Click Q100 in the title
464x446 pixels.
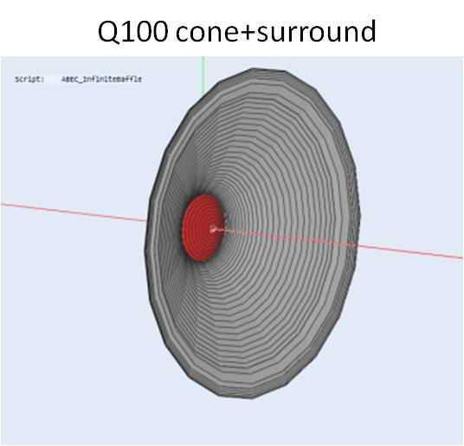[133, 32]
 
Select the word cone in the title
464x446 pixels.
[207, 33]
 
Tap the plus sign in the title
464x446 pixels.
[248, 32]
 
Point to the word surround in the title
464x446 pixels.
[316, 30]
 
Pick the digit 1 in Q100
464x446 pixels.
[127, 31]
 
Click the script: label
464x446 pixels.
[29, 80]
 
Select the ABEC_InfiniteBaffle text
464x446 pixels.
[101, 79]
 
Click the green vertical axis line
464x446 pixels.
[203, 75]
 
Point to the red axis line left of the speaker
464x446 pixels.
[74, 212]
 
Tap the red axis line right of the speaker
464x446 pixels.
[409, 251]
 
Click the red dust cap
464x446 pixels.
[202, 228]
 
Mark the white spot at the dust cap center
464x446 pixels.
[213, 229]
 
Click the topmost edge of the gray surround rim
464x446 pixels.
[267, 69]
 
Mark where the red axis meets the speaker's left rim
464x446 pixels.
[147, 221]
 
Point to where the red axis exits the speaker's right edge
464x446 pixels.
[358, 245]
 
